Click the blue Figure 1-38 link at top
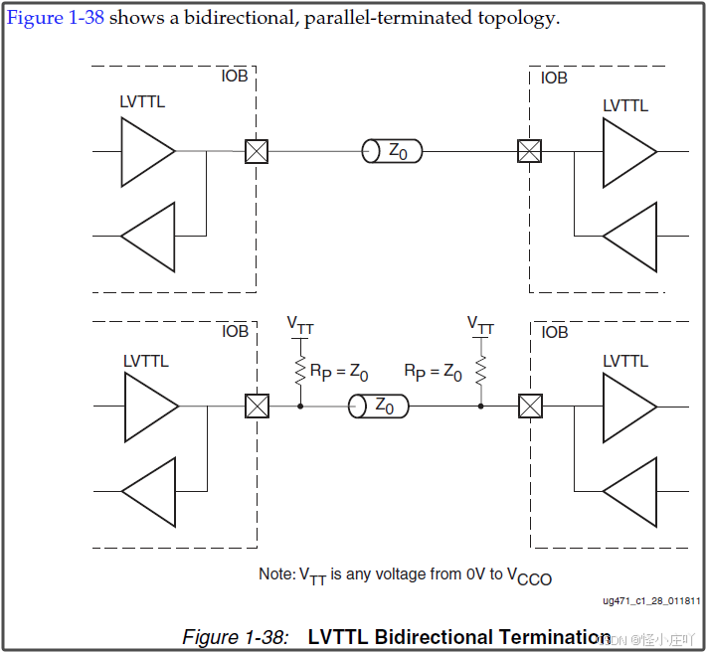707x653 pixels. click(56, 19)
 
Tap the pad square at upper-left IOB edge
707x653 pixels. click(258, 151)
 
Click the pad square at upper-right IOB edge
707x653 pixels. click(530, 151)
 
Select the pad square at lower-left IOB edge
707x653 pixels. click(258, 406)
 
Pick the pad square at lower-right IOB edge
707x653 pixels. click(531, 406)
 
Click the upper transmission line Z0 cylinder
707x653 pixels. click(392, 151)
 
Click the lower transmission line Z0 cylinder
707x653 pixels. click(378, 406)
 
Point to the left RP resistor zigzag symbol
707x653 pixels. click(299, 370)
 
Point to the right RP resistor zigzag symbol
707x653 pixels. click(481, 370)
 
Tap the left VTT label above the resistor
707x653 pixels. click(299, 324)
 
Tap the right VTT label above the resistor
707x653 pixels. click(480, 324)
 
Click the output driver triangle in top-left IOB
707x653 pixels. click(147, 151)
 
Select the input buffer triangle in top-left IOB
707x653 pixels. click(148, 237)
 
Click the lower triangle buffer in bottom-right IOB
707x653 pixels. click(630, 491)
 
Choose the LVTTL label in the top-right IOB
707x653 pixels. click(624, 105)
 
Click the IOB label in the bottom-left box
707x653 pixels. click(235, 331)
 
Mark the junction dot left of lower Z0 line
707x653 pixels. click(299, 406)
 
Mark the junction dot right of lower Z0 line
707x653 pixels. click(481, 406)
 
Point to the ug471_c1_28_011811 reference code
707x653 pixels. click(652, 601)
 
